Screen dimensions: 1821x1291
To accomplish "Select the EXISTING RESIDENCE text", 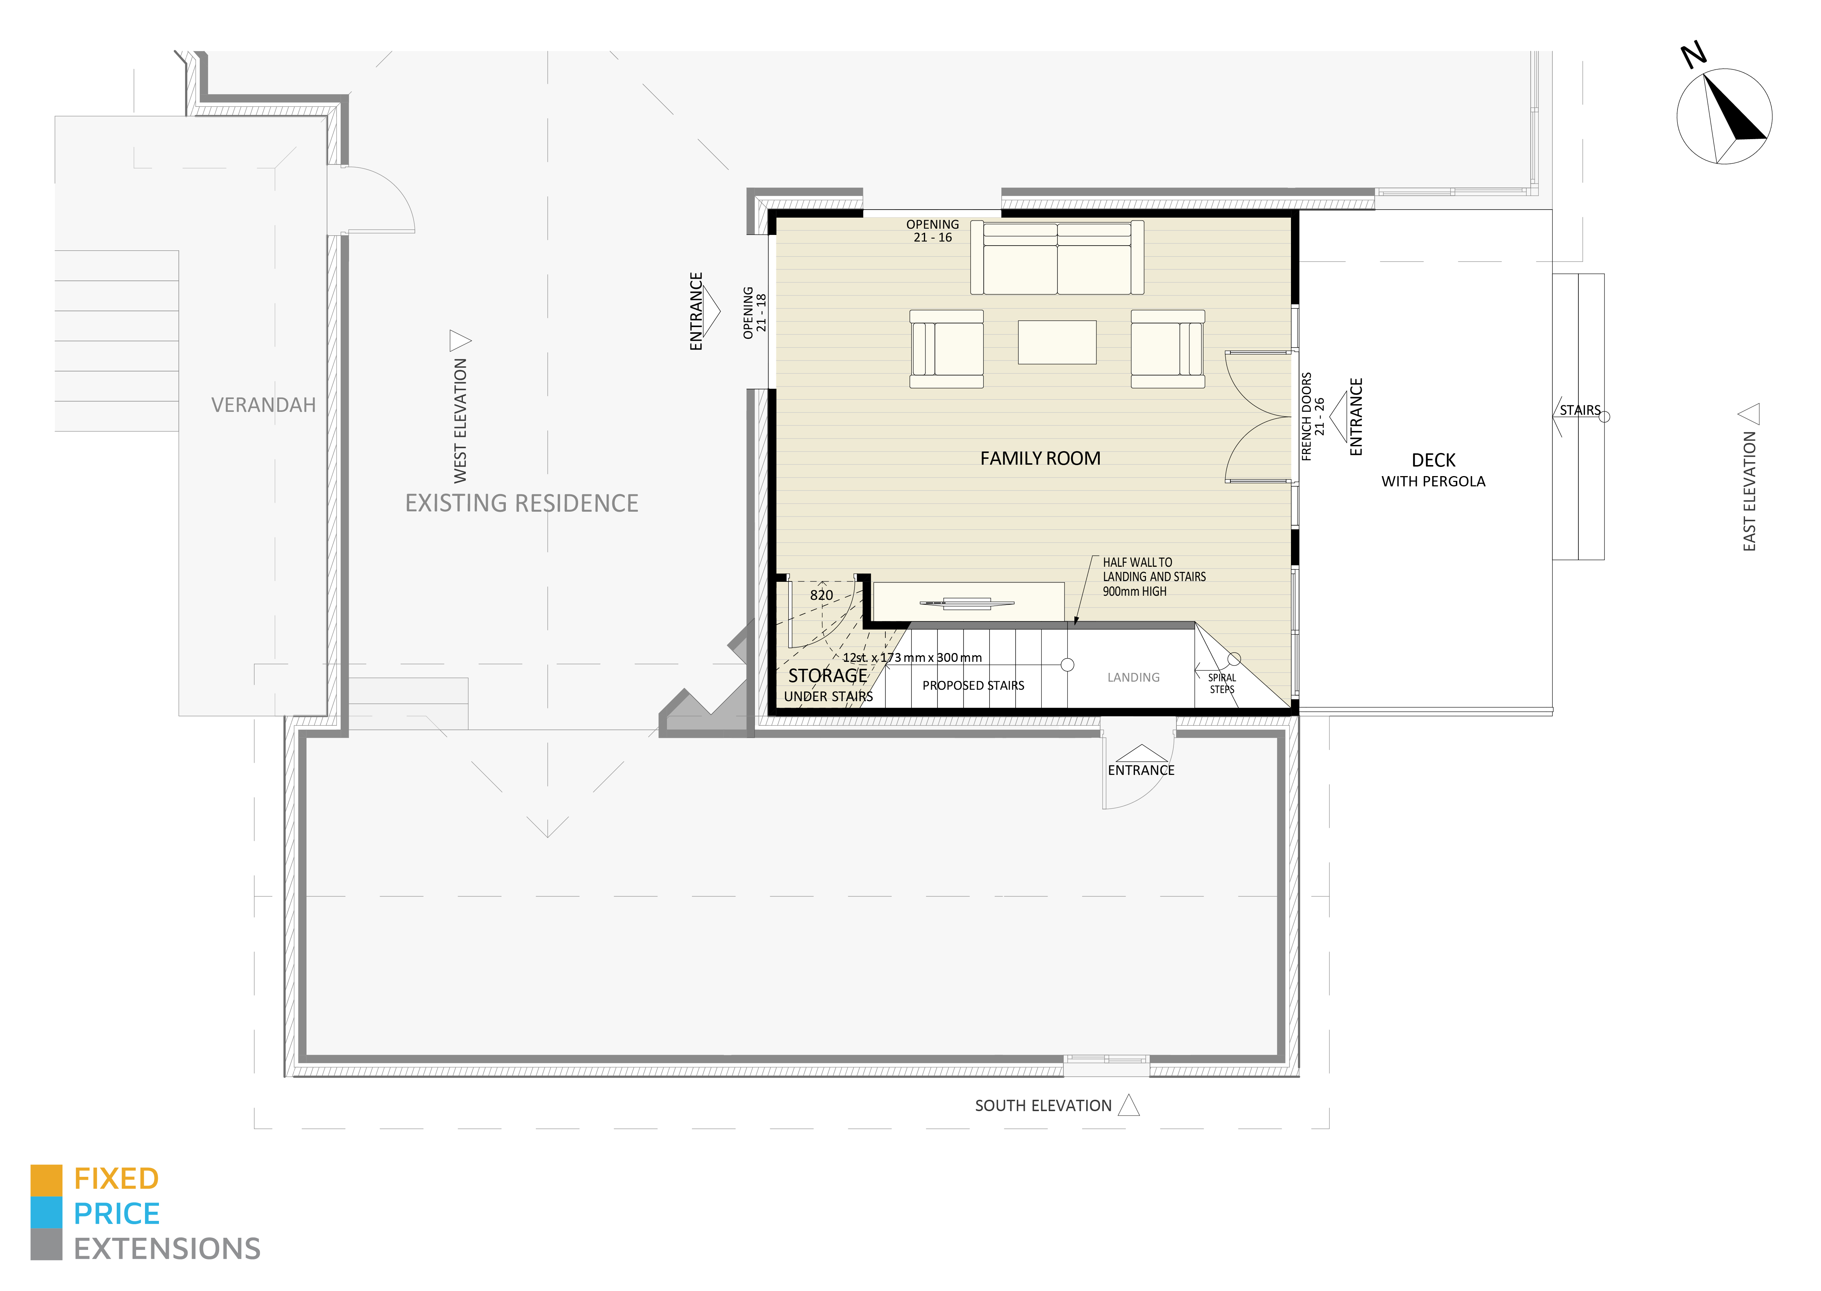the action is pos(522,503).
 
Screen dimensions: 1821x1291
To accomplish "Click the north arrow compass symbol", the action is pos(1723,116).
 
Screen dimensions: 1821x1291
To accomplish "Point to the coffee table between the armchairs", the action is pos(1057,342).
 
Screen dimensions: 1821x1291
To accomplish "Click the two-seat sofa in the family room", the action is pos(1057,258).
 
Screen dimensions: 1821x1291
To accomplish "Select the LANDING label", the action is pos(1133,677).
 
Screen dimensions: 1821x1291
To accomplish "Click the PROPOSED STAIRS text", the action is pos(973,685).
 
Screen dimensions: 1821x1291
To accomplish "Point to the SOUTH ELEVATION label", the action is pos(1043,1106).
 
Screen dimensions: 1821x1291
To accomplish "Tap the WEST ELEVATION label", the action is pos(460,421).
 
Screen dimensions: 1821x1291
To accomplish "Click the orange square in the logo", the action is pos(46,1181).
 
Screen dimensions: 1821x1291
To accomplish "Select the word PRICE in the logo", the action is pos(117,1214).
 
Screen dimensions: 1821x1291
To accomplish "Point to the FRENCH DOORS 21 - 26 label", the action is pos(1312,417).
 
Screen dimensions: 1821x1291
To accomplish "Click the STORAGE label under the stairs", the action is pos(827,676).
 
